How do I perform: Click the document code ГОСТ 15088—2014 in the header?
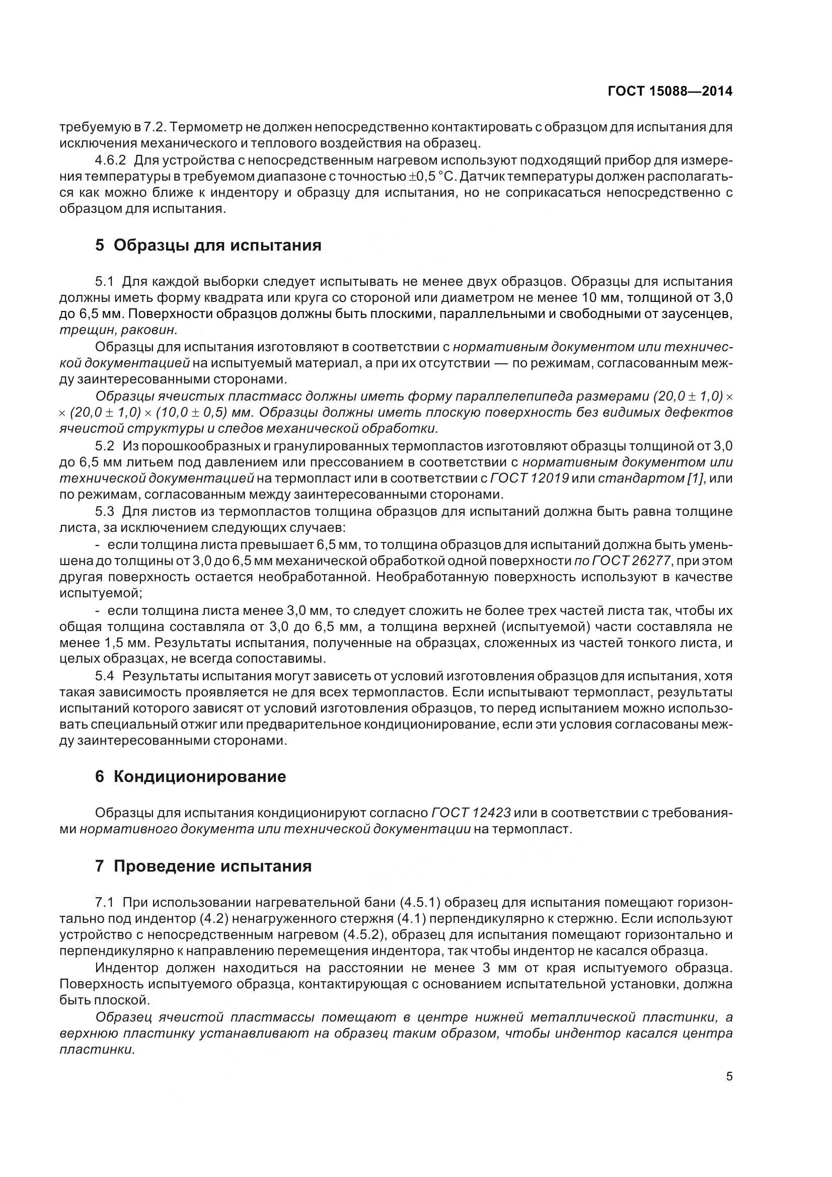pyautogui.click(x=669, y=91)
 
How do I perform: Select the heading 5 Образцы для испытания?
pyautogui.click(x=208, y=246)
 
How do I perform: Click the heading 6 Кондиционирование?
pyautogui.click(x=190, y=776)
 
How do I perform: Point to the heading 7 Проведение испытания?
pyautogui.click(x=203, y=866)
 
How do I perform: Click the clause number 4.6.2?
pyautogui.click(x=110, y=161)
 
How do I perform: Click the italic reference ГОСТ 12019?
pyautogui.click(x=530, y=479)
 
